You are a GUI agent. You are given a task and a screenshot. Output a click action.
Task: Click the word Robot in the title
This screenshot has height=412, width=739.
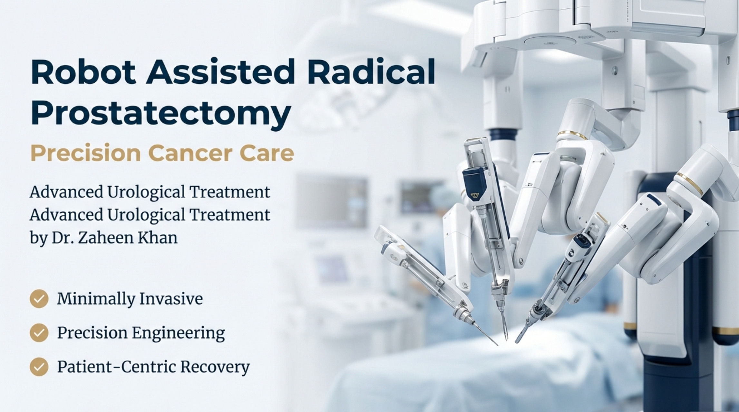pyautogui.click(x=83, y=71)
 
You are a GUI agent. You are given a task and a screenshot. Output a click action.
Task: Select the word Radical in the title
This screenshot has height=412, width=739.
pyautogui.click(x=371, y=71)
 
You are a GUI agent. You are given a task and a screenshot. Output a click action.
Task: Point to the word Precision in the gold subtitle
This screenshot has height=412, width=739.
pyautogui.click(x=85, y=153)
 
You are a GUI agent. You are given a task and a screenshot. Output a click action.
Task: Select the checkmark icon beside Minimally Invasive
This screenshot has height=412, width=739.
pyautogui.click(x=39, y=299)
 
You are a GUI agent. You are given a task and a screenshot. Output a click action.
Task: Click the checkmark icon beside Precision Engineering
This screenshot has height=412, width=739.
pyautogui.click(x=39, y=332)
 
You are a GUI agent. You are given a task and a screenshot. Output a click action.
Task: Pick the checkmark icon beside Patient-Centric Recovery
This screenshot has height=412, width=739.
pyautogui.click(x=39, y=367)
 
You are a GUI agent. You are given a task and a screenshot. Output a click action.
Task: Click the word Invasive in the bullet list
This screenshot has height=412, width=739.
pyautogui.click(x=171, y=299)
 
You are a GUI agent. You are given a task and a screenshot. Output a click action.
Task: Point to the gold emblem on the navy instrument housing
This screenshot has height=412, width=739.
pyautogui.click(x=474, y=195)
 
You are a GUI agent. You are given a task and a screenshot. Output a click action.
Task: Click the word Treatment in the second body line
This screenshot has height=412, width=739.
pyautogui.click(x=229, y=215)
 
